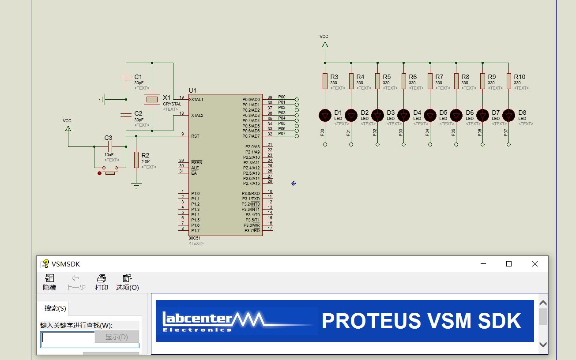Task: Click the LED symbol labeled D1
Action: tap(325, 115)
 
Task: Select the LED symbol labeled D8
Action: tap(509, 115)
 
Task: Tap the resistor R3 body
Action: tap(325, 81)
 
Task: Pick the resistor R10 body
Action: tap(509, 81)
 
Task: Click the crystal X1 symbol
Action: tap(152, 100)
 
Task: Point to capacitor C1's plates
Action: tap(126, 79)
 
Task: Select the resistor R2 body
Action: tap(136, 159)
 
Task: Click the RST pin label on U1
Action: tap(195, 136)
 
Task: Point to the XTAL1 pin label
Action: tap(197, 100)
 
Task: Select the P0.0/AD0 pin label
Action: tap(251, 100)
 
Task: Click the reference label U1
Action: tap(192, 90)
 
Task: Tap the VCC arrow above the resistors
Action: tap(325, 44)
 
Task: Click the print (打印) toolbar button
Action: tap(102, 282)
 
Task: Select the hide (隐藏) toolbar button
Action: tap(49, 282)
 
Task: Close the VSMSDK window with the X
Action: tap(535, 264)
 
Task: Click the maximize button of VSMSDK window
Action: tap(509, 264)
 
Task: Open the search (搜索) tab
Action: tap(55, 308)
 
